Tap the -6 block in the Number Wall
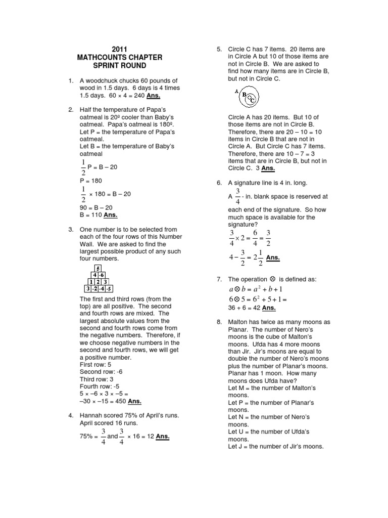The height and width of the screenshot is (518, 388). pos(102,276)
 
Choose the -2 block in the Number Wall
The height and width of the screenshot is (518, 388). pos(94,289)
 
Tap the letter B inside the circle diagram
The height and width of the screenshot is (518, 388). pos(245,94)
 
